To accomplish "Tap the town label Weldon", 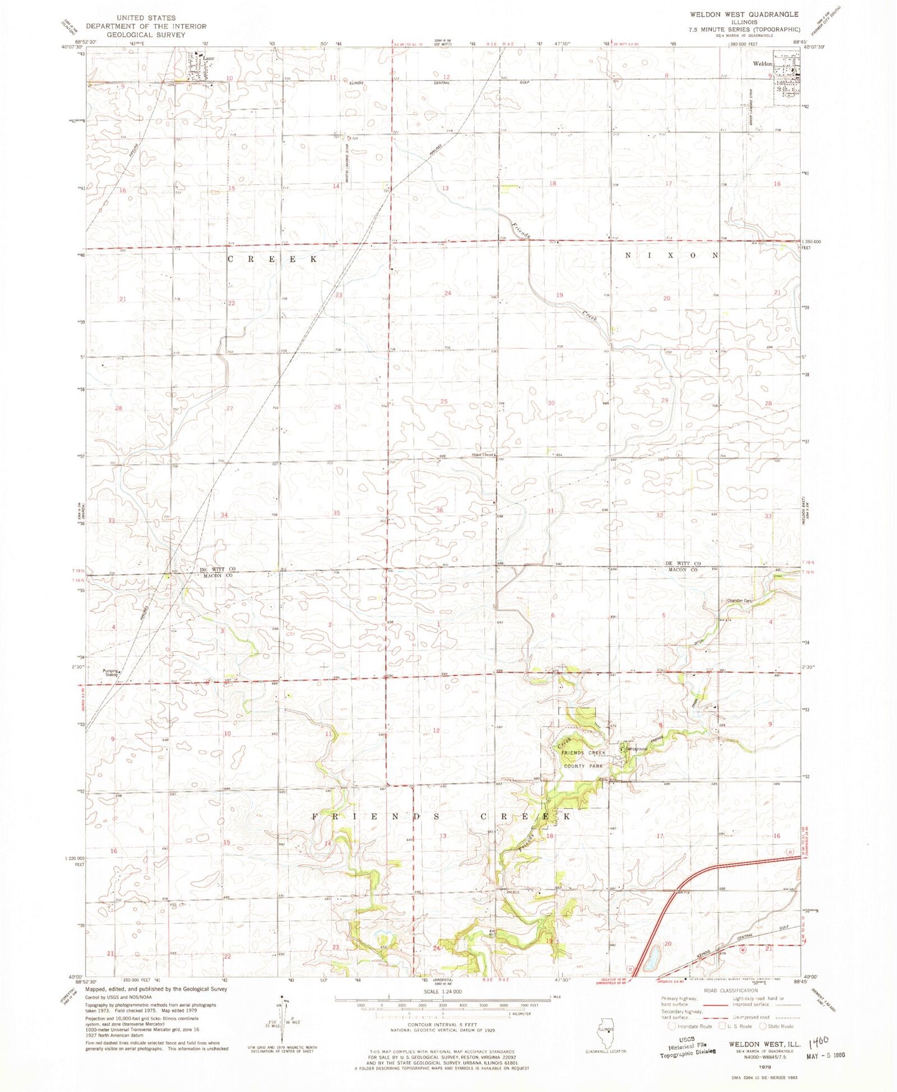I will [762, 64].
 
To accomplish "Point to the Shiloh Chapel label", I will [482, 455].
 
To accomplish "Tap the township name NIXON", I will [671, 255].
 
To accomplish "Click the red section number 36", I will [439, 510].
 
